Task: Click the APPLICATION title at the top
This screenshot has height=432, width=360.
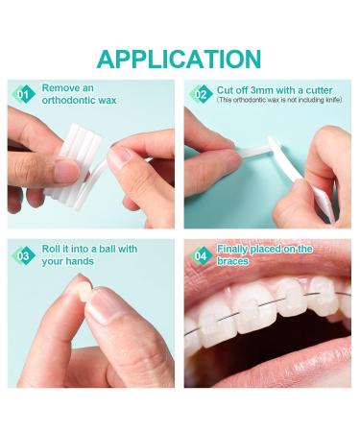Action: pos(180,60)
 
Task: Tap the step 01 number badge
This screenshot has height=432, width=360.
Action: pos(23,94)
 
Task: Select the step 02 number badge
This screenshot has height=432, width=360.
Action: pos(201,94)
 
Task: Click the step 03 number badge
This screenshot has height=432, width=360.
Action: pos(23,255)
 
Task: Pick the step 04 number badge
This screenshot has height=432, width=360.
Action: pos(201,255)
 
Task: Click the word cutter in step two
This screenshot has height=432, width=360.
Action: pos(319,90)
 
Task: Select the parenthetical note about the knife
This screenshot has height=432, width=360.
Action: pos(279,100)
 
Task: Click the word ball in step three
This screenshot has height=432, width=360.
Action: pos(105,249)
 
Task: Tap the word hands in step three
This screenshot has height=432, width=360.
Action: pos(81,261)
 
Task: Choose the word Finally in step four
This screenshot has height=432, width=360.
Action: pos(232,249)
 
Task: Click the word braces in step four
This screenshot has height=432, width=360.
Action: pos(232,261)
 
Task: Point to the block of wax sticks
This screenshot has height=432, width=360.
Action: pos(75,166)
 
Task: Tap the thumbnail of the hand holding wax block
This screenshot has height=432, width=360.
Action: pos(66,170)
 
